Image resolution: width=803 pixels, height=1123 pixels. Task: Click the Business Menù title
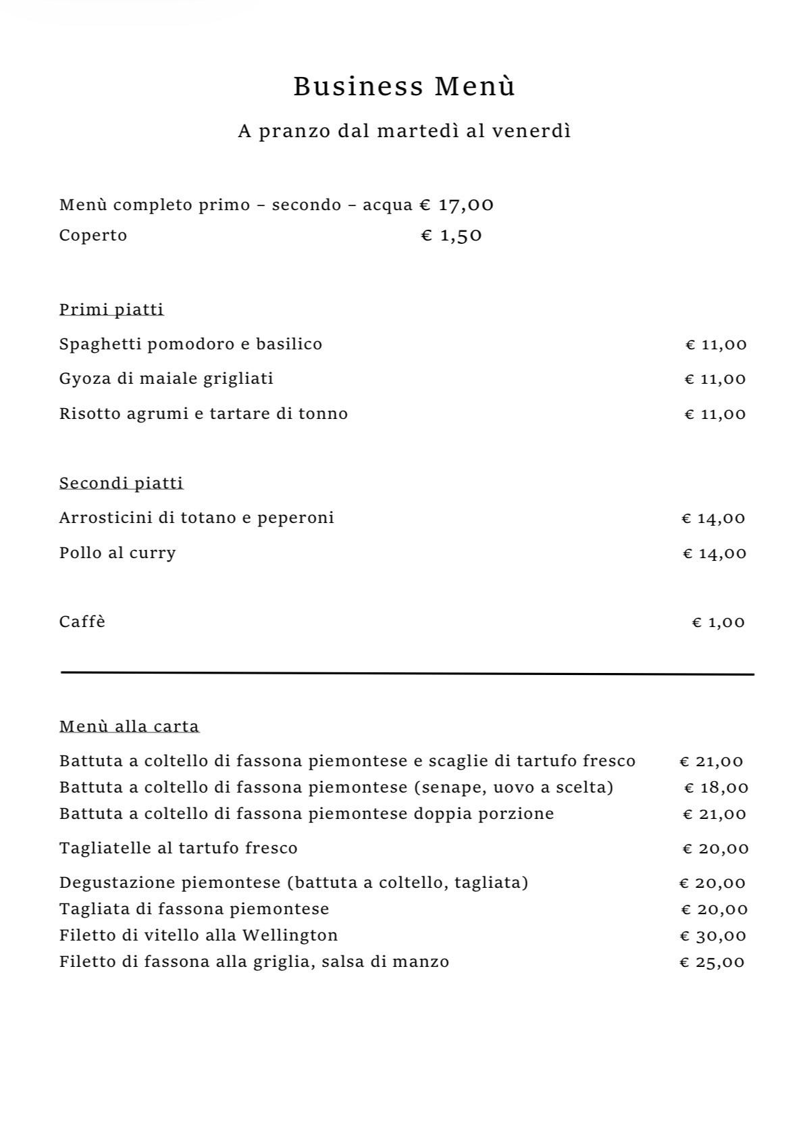coord(404,86)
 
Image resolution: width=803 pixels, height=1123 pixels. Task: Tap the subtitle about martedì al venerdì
coord(404,130)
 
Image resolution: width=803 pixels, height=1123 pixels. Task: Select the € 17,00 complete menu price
coord(457,205)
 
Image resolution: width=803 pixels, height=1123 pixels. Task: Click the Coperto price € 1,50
coord(451,235)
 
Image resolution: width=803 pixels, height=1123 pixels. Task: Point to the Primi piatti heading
coord(111,309)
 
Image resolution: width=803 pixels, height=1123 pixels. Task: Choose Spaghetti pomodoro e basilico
coord(190,344)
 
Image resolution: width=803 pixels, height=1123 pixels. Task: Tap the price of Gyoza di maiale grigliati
coord(715,379)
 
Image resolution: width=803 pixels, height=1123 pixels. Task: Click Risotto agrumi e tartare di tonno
coord(203,414)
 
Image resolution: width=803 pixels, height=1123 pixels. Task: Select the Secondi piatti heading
coord(121,483)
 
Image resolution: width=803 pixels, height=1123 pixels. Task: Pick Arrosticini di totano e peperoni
coord(197,518)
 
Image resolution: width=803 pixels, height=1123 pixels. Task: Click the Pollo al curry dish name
coord(118,553)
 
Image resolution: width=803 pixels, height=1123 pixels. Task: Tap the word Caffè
coord(82,622)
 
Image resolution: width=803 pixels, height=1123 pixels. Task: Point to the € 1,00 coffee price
coord(718,622)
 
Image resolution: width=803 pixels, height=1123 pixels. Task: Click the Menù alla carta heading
coord(129,726)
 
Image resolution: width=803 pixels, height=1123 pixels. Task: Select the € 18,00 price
coord(716,788)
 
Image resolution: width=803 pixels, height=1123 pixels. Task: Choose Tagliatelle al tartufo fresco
coord(178,848)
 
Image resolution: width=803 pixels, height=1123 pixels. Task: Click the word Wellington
coord(290,935)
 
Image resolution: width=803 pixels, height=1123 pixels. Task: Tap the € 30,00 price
coord(713,936)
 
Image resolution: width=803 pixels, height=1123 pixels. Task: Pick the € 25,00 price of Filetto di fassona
coord(712,962)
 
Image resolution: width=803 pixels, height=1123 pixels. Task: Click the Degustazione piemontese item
coord(293,882)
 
